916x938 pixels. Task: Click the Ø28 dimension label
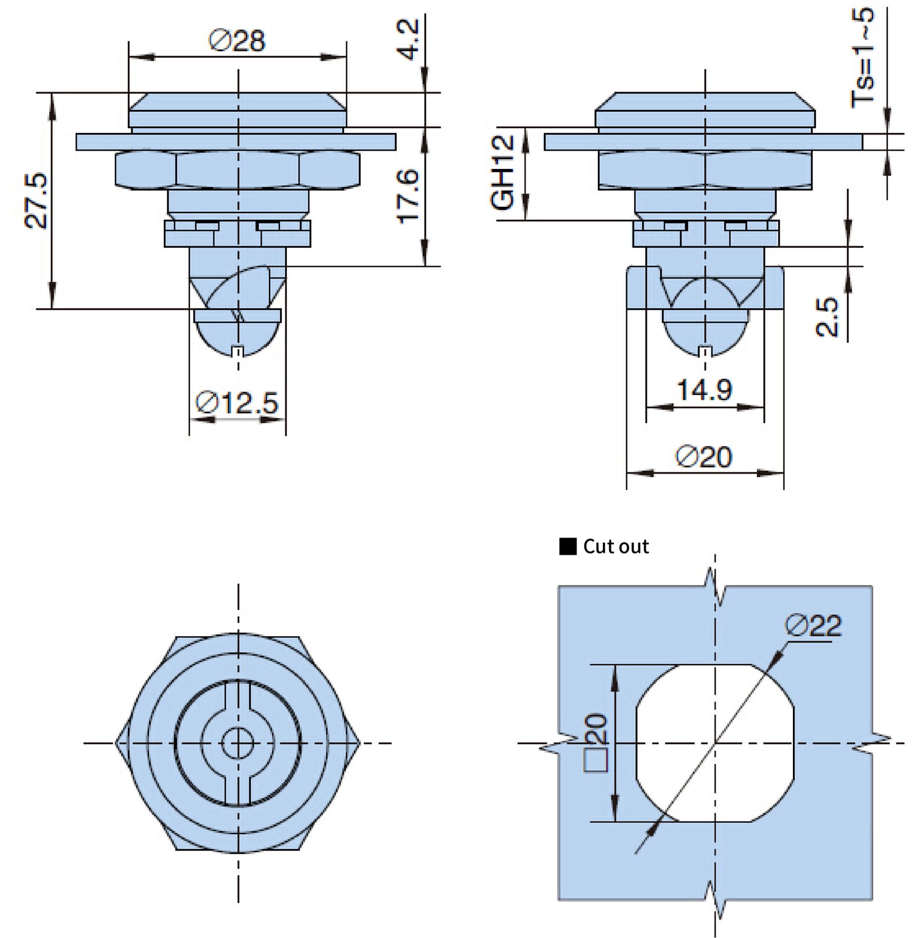coord(237,41)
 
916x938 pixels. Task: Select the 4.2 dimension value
coord(409,39)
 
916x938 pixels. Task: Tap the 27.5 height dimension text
coord(37,201)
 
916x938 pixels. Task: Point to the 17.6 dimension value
coord(408,196)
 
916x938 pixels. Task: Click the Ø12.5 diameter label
coord(237,403)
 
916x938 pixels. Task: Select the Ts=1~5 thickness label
coord(863,57)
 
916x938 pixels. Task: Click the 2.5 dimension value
coord(827,317)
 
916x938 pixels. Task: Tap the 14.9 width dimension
coord(705,390)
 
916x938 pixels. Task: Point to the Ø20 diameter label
coord(704,457)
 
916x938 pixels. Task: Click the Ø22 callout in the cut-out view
coord(814,626)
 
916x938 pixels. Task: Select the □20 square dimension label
coord(596,743)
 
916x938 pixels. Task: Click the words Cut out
coord(616,546)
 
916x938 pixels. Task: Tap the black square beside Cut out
coord(567,546)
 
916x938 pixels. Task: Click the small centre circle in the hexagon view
coord(238,743)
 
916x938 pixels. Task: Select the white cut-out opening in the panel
coord(715,743)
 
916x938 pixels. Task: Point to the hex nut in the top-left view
coord(238,170)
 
